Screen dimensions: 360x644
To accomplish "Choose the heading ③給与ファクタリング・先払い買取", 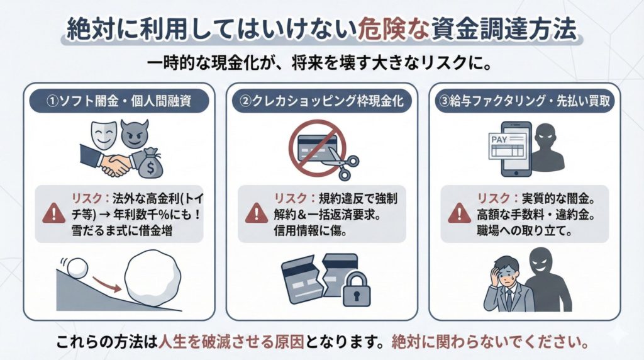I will tap(525, 101).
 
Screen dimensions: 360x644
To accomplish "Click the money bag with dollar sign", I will tap(153, 164).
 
